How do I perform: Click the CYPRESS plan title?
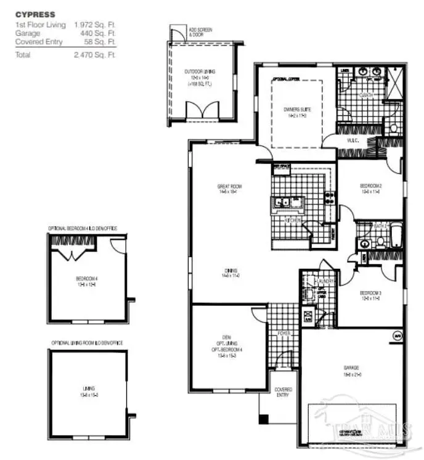(35, 14)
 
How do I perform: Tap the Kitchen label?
(292, 220)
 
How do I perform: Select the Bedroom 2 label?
(371, 185)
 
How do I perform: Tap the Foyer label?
(283, 334)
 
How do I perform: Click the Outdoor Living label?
(198, 72)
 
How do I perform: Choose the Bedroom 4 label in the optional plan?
(88, 279)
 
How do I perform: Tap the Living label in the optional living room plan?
(89, 388)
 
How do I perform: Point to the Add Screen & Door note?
(198, 30)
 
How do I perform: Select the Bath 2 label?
(380, 226)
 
